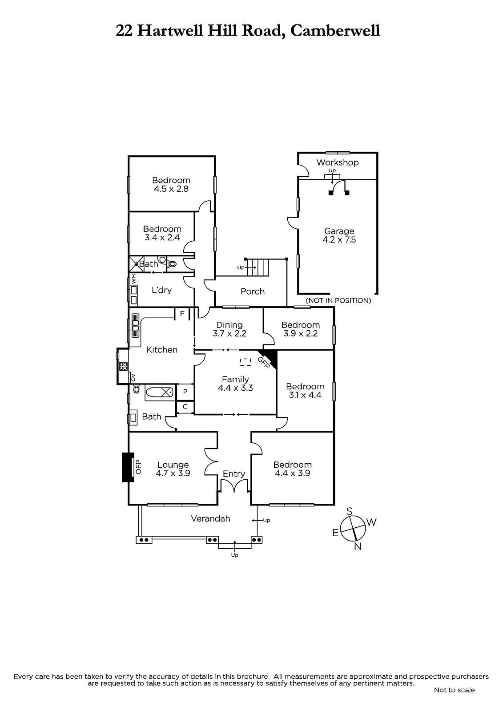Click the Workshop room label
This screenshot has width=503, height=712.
[337, 162]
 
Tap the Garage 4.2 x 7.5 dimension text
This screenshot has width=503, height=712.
[339, 240]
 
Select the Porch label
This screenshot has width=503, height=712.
[252, 291]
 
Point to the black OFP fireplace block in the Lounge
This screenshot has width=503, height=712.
[128, 467]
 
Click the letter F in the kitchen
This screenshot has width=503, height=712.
[182, 314]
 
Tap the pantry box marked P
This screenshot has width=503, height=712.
[185, 392]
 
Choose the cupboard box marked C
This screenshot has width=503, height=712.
[185, 407]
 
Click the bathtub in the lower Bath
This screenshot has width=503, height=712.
[160, 392]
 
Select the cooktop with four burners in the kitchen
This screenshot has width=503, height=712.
[123, 367]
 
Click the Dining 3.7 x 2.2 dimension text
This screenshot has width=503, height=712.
[229, 333]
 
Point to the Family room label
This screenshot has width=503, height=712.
[235, 379]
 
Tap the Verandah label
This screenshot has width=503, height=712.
[210, 518]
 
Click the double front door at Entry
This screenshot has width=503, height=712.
[234, 485]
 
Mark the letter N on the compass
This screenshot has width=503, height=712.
[358, 546]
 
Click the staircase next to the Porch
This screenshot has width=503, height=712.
[258, 267]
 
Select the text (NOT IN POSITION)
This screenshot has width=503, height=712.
[338, 300]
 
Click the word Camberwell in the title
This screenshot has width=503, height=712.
[335, 31]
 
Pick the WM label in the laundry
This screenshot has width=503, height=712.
[134, 279]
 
